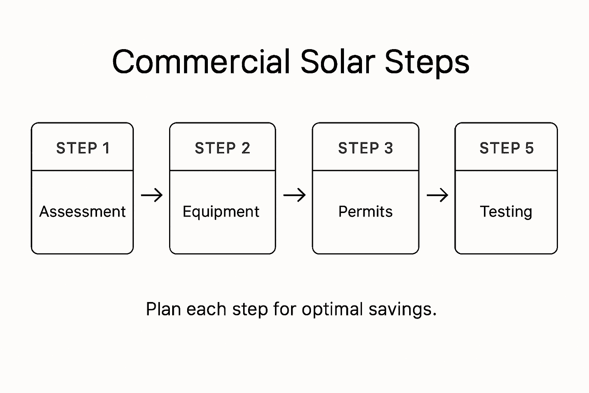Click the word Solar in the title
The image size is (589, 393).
click(x=337, y=62)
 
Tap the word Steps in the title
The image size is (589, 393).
click(x=427, y=63)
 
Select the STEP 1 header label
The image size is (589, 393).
click(x=83, y=148)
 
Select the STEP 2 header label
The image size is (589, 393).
click(x=222, y=148)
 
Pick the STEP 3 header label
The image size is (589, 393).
click(x=365, y=148)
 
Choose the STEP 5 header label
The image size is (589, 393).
click(x=507, y=148)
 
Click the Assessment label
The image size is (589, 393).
click(x=82, y=211)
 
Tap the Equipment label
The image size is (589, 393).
click(x=221, y=212)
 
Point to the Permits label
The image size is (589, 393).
click(x=365, y=211)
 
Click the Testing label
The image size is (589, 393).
click(x=506, y=212)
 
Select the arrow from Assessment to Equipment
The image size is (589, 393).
click(x=152, y=195)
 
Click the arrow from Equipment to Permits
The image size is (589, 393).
click(x=294, y=195)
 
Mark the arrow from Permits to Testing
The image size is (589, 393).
click(x=438, y=195)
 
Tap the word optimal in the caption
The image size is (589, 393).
click(x=332, y=310)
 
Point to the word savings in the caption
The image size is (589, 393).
click(x=402, y=310)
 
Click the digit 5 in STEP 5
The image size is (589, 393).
click(x=530, y=148)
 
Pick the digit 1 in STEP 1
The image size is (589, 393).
click(x=106, y=148)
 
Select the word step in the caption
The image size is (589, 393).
click(x=250, y=310)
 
